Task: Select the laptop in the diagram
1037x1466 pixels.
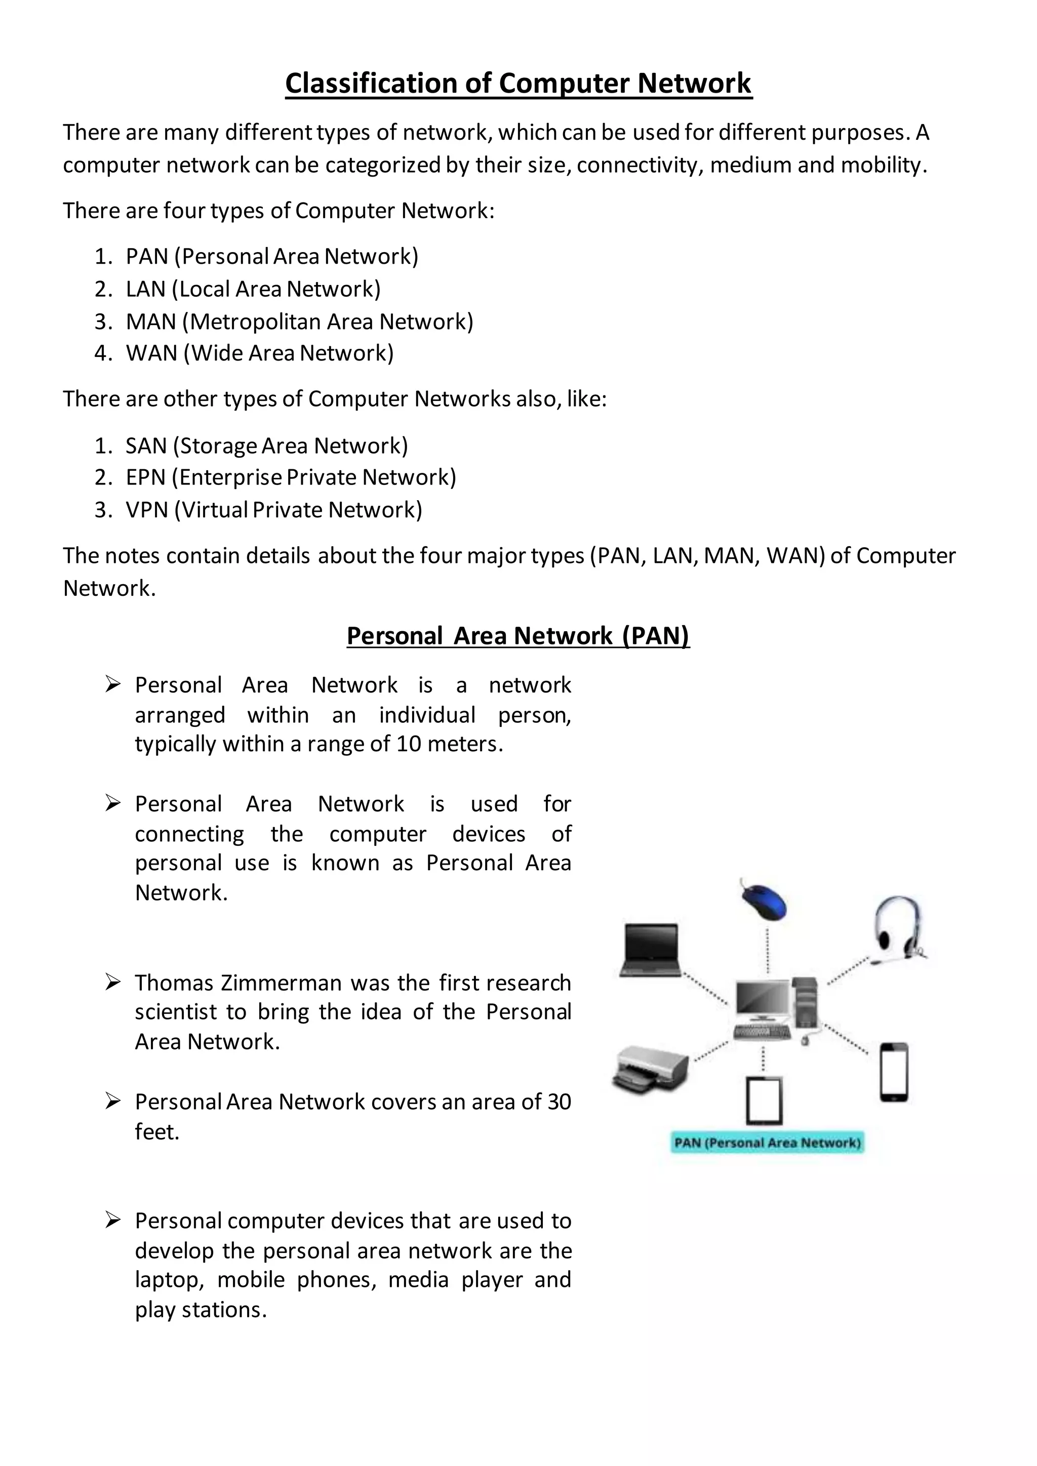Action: [650, 950]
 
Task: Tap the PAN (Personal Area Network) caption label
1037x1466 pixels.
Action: [767, 1143]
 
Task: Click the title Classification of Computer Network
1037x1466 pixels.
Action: [518, 84]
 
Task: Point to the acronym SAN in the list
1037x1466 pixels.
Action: [146, 445]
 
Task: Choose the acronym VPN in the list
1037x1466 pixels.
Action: [147, 510]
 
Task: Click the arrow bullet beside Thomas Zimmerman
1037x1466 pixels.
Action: [113, 982]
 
